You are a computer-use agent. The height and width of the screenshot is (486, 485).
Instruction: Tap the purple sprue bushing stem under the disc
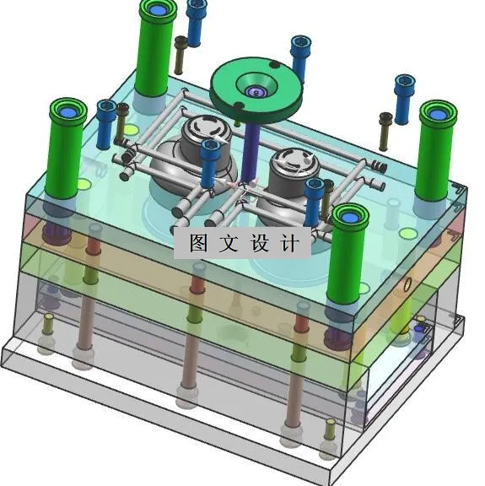pyautogui.click(x=250, y=148)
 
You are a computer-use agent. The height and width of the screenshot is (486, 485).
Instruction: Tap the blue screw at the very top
pyautogui.click(x=197, y=21)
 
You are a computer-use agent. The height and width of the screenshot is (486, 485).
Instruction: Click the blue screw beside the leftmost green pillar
pyautogui.click(x=106, y=122)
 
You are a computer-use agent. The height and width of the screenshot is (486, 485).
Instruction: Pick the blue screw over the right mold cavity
pyautogui.click(x=314, y=200)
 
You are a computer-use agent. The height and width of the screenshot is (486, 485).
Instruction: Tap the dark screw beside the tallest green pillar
pyautogui.click(x=181, y=55)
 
